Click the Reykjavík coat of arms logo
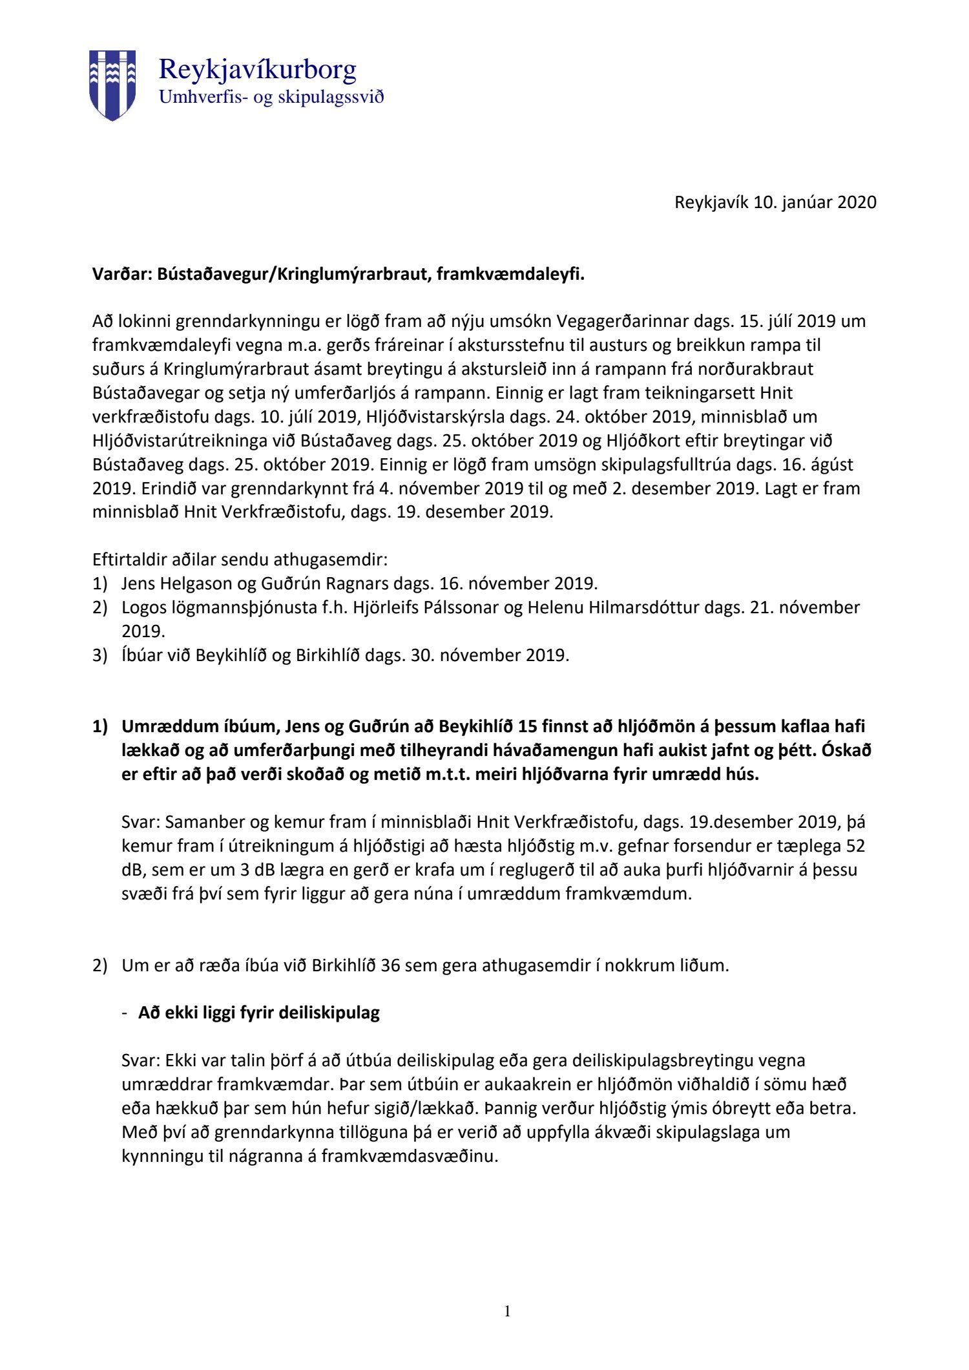pyautogui.click(x=112, y=85)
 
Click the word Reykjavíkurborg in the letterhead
pyautogui.click(x=257, y=69)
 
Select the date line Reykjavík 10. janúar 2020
pyautogui.click(x=775, y=202)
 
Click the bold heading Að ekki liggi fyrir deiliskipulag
pyautogui.click(x=258, y=1013)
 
